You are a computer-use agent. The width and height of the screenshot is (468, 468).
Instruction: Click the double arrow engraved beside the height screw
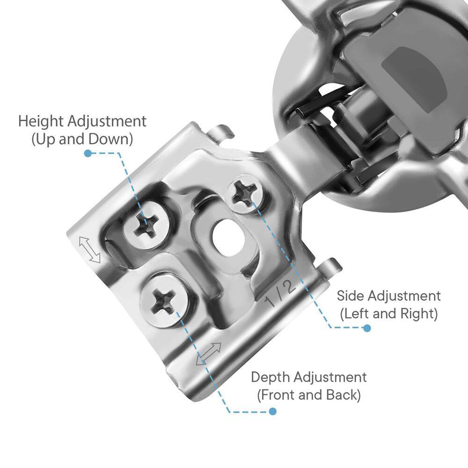(x=89, y=250)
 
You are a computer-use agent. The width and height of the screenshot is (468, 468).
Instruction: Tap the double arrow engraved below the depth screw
(x=208, y=354)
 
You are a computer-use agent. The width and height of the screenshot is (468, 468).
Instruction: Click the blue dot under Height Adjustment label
(x=88, y=154)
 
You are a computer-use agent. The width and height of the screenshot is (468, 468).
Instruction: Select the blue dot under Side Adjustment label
(x=367, y=329)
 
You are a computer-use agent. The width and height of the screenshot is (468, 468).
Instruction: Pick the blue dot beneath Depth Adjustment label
(x=272, y=411)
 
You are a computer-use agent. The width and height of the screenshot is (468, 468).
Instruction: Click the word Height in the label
(x=41, y=122)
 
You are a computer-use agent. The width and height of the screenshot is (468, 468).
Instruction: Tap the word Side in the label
(x=351, y=296)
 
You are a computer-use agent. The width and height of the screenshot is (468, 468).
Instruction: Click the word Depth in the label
(x=271, y=378)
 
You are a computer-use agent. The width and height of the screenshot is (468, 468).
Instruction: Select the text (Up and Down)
(x=82, y=139)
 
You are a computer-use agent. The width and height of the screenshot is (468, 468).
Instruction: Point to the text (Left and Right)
(x=389, y=314)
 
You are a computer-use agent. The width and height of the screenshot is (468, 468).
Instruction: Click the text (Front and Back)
(x=309, y=395)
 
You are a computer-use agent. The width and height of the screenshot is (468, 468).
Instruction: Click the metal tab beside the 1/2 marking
(x=329, y=267)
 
